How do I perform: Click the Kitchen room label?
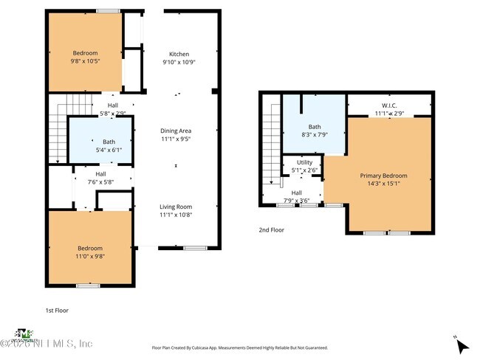pos(179,54)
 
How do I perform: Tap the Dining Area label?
pos(176,131)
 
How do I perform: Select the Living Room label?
pos(176,207)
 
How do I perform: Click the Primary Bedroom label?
pos(383,176)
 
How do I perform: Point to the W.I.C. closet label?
pos(389,105)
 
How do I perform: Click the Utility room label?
pos(304,162)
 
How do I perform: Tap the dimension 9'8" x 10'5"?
pos(85,61)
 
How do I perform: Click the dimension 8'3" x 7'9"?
pos(315,135)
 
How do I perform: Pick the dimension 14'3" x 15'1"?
pos(383,184)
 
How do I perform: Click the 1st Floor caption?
pos(57,311)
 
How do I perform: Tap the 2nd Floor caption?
pos(271,230)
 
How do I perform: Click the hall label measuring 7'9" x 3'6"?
pos(301,195)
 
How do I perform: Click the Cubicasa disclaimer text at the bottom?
pos(239,347)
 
